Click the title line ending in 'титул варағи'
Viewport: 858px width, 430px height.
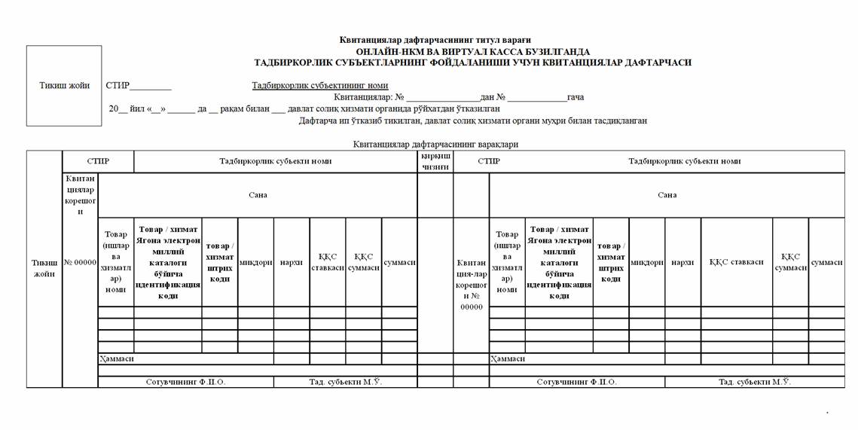(435, 40)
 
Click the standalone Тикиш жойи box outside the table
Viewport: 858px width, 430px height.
(64, 85)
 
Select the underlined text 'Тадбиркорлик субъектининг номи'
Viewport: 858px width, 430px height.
(320, 86)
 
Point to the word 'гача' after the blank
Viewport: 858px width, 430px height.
(575, 97)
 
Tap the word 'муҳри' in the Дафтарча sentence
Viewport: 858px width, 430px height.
(561, 120)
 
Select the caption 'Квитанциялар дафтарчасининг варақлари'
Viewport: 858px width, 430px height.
(435, 144)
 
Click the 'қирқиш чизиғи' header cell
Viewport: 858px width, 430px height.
(435, 162)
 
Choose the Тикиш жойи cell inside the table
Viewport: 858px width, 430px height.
(44, 268)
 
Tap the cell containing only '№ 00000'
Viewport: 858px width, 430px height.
(80, 262)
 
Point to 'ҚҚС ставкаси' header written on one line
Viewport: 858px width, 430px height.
(736, 262)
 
